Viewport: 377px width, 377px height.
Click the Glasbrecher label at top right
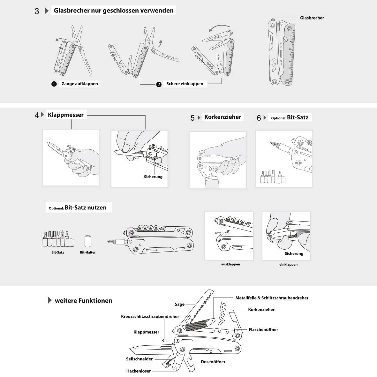(312, 18)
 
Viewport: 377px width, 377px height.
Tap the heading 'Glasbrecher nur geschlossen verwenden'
(114, 10)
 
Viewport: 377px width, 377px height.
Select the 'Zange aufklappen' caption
(79, 84)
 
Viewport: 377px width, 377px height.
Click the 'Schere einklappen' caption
(185, 84)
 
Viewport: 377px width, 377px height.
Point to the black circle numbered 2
(159, 85)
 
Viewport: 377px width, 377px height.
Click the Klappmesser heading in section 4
(65, 115)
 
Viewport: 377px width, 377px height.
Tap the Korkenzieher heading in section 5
(222, 117)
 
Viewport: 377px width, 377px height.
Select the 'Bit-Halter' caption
(88, 252)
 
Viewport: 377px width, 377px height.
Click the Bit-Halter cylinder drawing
(88, 241)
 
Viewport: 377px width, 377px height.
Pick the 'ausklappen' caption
(230, 264)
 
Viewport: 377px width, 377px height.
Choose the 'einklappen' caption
(288, 264)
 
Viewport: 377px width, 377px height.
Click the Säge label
(180, 304)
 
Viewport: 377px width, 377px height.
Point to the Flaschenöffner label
(263, 329)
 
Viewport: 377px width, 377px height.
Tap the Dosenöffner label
(213, 362)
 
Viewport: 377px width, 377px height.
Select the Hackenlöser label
(138, 371)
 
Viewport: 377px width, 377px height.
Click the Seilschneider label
(139, 359)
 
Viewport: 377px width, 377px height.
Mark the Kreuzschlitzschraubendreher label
(150, 316)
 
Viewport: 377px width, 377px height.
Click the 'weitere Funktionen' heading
(83, 300)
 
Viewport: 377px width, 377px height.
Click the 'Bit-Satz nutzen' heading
(85, 207)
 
